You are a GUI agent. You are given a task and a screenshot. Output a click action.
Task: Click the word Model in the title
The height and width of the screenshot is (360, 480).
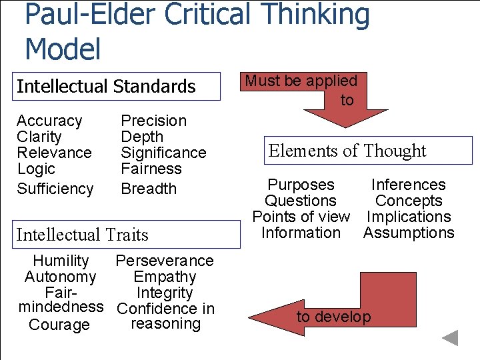pyautogui.click(x=63, y=49)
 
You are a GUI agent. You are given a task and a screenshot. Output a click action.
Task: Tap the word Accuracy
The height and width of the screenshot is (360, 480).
pyautogui.click(x=49, y=121)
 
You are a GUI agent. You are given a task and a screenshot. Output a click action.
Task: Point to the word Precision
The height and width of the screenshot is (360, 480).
pyautogui.click(x=153, y=121)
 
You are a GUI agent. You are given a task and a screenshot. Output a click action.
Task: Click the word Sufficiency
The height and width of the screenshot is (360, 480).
pyautogui.click(x=55, y=189)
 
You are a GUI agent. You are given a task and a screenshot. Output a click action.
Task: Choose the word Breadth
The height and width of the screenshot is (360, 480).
pyautogui.click(x=148, y=189)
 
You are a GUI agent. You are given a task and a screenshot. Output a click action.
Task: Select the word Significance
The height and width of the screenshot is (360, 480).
pyautogui.click(x=163, y=153)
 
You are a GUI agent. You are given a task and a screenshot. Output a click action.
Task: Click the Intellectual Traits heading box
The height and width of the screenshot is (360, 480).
pyautogui.click(x=127, y=235)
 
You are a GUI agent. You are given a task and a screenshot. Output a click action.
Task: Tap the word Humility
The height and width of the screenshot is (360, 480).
pyautogui.click(x=61, y=261)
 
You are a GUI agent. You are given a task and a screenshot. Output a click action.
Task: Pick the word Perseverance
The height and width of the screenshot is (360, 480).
pyautogui.click(x=165, y=261)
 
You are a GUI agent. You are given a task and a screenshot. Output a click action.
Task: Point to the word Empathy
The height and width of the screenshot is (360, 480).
pyautogui.click(x=165, y=277)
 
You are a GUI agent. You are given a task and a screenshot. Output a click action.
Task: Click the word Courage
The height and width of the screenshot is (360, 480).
pyautogui.click(x=59, y=325)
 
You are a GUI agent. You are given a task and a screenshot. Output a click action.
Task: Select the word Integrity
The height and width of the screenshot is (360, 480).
pyautogui.click(x=165, y=293)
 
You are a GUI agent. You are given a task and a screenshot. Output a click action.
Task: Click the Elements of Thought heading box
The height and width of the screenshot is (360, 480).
pyautogui.click(x=367, y=151)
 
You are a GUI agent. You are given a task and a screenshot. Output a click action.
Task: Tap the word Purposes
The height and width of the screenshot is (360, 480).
pyautogui.click(x=301, y=185)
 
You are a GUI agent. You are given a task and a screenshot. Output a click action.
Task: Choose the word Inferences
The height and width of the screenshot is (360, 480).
pyautogui.click(x=408, y=185)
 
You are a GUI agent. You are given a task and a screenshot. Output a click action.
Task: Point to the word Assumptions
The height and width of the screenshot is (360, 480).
pyautogui.click(x=408, y=233)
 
